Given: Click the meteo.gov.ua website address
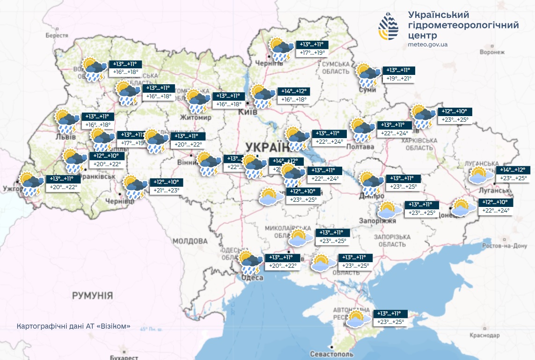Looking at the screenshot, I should tap(428, 44).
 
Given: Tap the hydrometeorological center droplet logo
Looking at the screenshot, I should tap(388, 28).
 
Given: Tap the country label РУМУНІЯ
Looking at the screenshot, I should tap(92, 295).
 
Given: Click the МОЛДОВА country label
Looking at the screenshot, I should tap(190, 241).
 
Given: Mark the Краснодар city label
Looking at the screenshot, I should tap(486, 336).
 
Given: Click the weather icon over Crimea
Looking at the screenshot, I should tap(356, 319).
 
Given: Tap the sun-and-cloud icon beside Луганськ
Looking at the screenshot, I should tap(481, 175).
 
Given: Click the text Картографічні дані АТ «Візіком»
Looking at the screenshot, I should tap(73, 326).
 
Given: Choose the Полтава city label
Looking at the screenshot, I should tap(360, 147).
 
